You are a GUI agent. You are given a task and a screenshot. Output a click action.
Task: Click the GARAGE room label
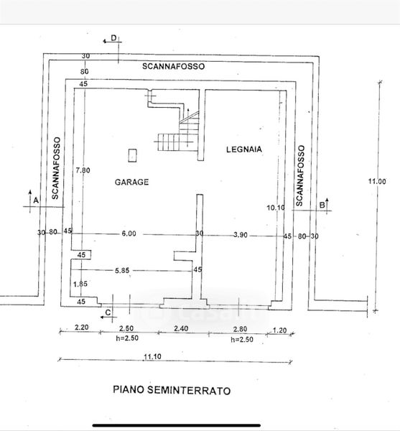pos(131,182)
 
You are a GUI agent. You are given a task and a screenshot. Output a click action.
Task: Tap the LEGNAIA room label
pos(244,149)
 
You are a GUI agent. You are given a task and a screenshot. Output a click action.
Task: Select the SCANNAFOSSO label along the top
pos(173,66)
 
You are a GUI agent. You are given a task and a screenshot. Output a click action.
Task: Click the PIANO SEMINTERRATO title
pos(172,390)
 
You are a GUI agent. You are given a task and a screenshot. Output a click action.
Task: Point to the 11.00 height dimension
pos(377,181)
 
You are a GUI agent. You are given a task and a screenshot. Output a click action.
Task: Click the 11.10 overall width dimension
pos(152,356)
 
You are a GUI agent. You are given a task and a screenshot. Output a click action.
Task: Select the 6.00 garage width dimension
pos(129,233)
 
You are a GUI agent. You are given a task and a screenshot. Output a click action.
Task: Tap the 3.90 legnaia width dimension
pos(240,235)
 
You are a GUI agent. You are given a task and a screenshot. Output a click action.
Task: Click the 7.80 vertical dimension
pos(83,170)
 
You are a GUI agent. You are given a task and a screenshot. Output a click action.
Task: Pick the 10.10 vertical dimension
pos(276,208)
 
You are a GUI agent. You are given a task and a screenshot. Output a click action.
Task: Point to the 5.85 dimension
pos(122,271)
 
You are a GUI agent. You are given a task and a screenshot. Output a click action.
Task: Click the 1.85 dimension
pos(80,284)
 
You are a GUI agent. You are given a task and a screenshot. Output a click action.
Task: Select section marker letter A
pos(36,200)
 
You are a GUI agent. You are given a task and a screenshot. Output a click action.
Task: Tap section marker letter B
pos(322,205)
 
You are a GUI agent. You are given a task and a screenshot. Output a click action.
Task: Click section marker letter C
pos(108,312)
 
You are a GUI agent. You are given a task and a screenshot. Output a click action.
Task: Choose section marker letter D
pos(113,38)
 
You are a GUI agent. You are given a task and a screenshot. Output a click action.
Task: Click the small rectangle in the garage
pos(133,156)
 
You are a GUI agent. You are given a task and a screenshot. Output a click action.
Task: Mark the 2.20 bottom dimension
pos(82,327)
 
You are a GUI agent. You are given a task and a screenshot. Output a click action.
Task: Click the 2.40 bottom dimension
pos(181,328)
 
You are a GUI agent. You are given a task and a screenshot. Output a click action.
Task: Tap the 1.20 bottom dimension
pos(279,330)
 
